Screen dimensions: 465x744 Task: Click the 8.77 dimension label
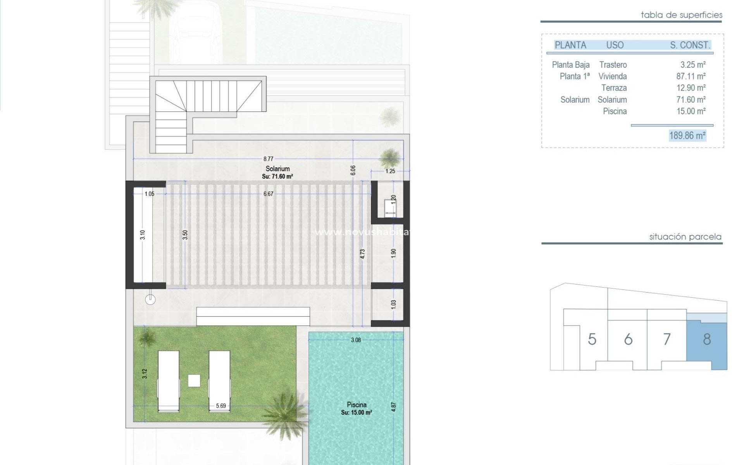pos(268,158)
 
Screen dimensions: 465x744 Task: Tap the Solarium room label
pos(277,169)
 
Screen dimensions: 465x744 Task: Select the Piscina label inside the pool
pos(356,405)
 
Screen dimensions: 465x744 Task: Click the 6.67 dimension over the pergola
pos(268,194)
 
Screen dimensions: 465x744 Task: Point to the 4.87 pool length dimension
pos(394,406)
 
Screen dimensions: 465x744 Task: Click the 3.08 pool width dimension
pos(356,340)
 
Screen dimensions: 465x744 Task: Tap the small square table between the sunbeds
pos(194,381)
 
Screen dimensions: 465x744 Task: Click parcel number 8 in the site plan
pos(707,339)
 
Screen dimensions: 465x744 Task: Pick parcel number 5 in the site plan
pos(592,339)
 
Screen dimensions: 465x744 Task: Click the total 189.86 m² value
pos(687,136)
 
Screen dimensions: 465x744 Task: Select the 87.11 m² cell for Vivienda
pos(691,76)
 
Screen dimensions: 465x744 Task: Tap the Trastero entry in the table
pos(613,65)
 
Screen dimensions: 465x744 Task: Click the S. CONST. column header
pos(690,45)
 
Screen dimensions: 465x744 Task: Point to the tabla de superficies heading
pos(681,15)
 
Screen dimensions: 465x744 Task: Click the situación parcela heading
pos(685,237)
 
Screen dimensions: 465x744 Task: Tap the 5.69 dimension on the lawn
pos(221,406)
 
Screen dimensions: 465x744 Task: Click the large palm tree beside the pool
pos(285,409)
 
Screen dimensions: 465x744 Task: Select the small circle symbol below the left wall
pos(150,299)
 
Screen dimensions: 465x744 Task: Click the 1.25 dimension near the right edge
pos(390,171)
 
